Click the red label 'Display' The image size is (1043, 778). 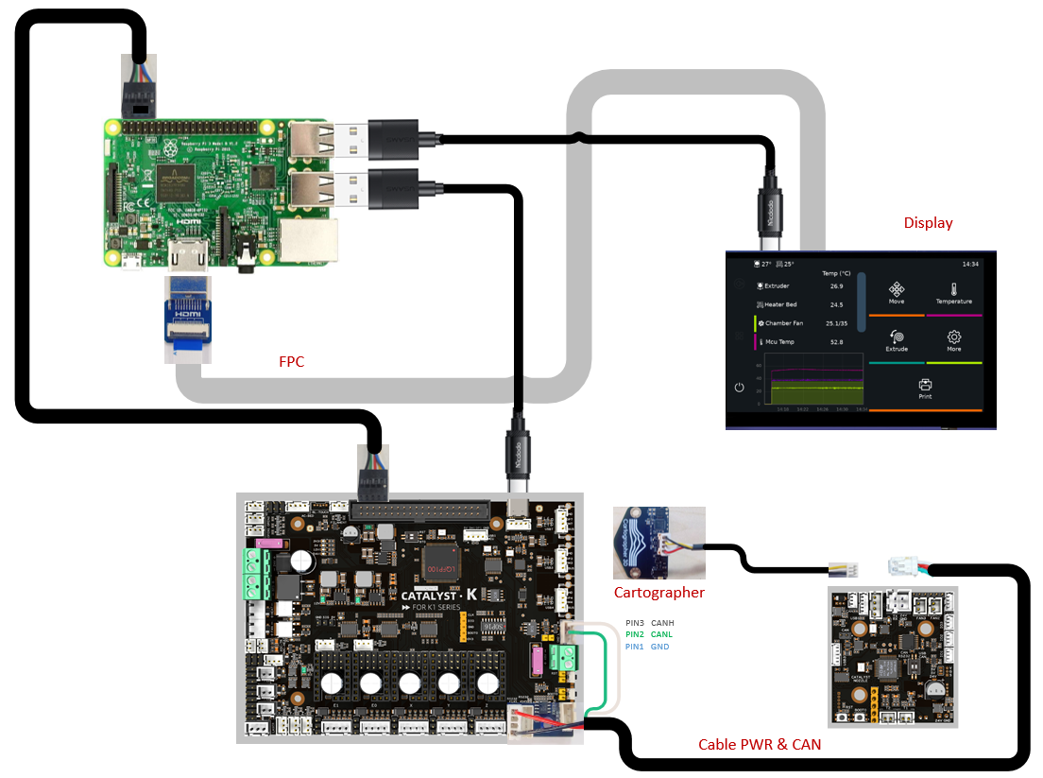pyautogui.click(x=928, y=223)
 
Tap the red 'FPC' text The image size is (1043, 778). pyautogui.click(x=292, y=360)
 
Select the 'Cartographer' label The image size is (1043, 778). pyautogui.click(x=658, y=593)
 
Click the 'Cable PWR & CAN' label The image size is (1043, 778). pyautogui.click(x=759, y=745)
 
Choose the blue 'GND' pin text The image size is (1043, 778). pyautogui.click(x=659, y=647)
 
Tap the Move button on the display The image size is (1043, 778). pyautogui.click(x=897, y=292)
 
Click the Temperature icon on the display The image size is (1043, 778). pyautogui.click(x=953, y=290)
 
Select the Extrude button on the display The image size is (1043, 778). pyautogui.click(x=897, y=339)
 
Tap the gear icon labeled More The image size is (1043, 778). pyautogui.click(x=953, y=337)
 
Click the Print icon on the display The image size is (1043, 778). pyautogui.click(x=925, y=386)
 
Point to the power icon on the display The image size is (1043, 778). pyautogui.click(x=739, y=388)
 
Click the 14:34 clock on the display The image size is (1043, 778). pyautogui.click(x=970, y=264)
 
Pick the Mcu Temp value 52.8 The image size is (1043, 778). pyautogui.click(x=836, y=342)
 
